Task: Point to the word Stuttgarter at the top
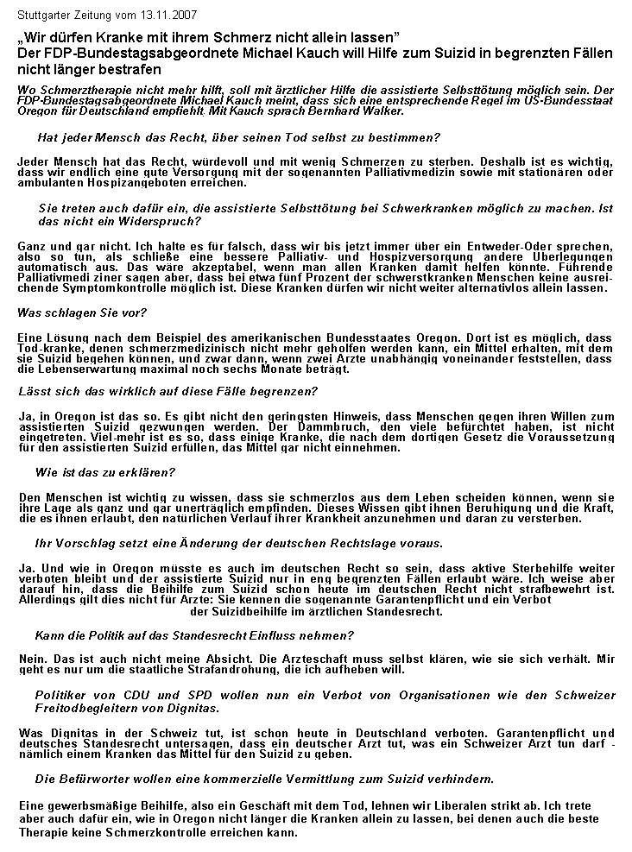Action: click(45, 16)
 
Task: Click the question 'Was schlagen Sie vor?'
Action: click(82, 312)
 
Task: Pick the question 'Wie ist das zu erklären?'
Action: click(104, 472)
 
